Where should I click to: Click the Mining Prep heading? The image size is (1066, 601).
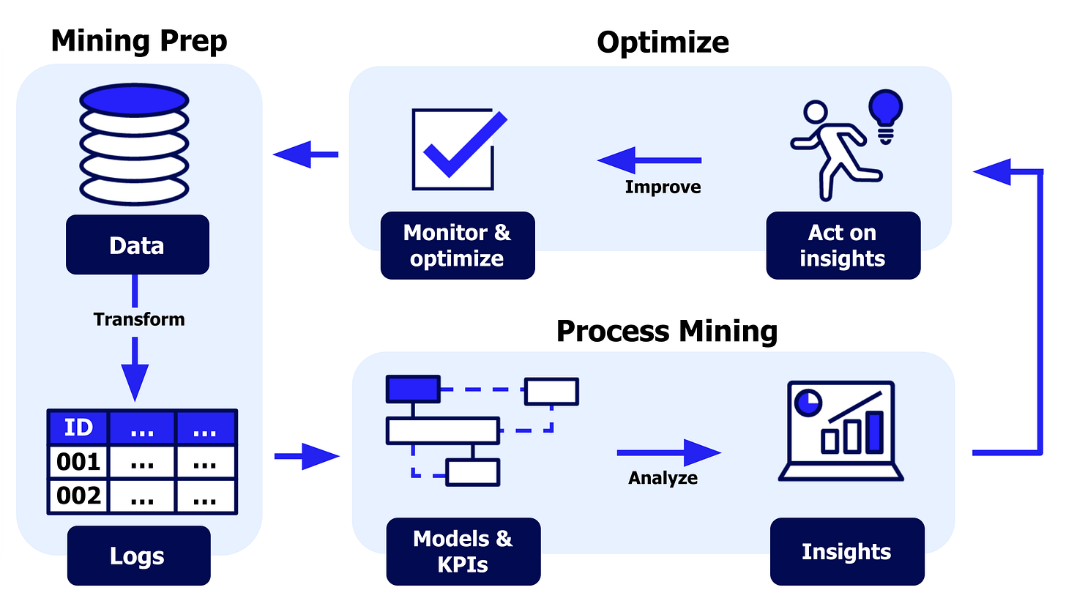click(138, 41)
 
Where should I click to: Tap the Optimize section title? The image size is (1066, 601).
click(663, 42)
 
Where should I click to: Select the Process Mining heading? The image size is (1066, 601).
click(666, 332)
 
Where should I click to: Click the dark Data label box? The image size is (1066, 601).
click(136, 245)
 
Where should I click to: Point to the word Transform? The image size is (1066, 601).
click(139, 319)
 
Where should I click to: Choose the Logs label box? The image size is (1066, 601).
click(137, 556)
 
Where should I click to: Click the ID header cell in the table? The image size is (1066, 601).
click(78, 428)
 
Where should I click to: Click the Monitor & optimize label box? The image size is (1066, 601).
click(458, 245)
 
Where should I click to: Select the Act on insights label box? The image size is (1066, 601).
click(843, 245)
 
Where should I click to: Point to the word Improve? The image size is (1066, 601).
click(663, 187)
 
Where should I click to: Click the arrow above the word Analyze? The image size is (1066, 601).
click(668, 452)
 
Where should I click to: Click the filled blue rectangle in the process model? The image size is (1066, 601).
click(412, 389)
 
